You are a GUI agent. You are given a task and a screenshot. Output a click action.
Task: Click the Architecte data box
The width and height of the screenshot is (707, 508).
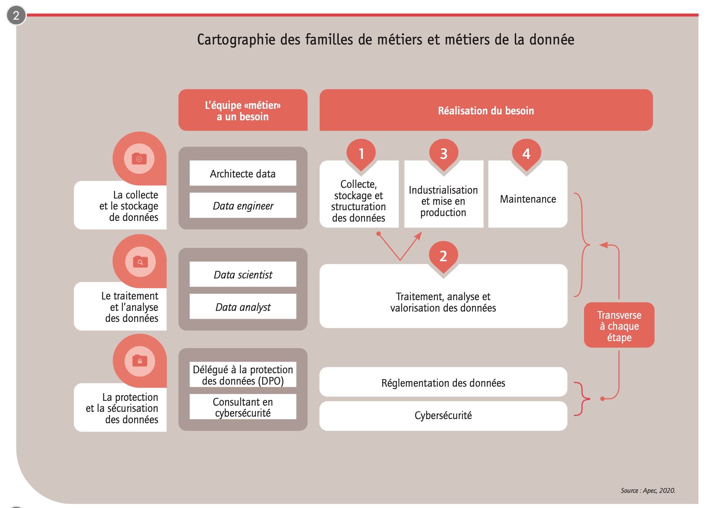(243, 173)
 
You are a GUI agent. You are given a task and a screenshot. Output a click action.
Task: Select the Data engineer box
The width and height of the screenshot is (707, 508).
(243, 205)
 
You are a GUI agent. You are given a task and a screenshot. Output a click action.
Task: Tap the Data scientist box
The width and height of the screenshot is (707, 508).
(243, 274)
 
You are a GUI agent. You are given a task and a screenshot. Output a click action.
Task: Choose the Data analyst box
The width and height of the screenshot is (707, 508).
(243, 306)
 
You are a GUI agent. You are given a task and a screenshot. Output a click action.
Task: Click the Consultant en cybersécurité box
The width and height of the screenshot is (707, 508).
(243, 407)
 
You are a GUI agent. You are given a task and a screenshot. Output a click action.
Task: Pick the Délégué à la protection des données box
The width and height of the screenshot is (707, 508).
(243, 375)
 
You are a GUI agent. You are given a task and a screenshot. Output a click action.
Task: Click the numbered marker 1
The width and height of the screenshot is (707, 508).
(361, 154)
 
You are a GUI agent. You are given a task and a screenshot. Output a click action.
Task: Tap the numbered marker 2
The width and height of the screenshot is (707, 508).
(443, 256)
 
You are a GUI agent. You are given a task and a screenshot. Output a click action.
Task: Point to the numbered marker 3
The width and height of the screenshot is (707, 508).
(444, 154)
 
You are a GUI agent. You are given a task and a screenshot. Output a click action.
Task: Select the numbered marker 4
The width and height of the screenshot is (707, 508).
(526, 154)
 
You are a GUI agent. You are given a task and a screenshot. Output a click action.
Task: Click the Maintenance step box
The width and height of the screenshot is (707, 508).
(528, 194)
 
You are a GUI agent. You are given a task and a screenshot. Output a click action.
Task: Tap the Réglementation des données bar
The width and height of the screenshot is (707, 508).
(443, 382)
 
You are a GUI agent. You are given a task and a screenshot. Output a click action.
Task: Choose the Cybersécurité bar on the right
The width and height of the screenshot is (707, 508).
(443, 416)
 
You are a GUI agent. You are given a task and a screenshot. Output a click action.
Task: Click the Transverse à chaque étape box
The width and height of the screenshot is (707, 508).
(619, 325)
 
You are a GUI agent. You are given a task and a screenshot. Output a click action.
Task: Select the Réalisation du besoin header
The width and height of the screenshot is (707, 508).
(486, 110)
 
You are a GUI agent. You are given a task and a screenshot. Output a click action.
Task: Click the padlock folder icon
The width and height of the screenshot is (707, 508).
(140, 361)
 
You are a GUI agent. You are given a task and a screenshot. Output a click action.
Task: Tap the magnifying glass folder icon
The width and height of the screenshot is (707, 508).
(140, 262)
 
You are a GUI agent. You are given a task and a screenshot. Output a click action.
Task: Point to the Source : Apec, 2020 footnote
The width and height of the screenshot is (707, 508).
(648, 490)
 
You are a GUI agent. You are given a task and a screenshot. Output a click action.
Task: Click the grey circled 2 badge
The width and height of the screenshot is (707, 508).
(16, 16)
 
